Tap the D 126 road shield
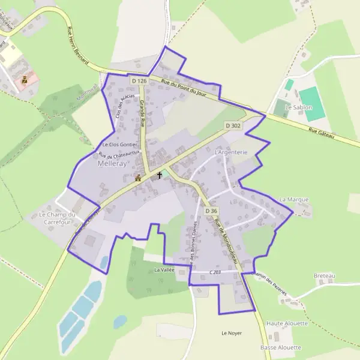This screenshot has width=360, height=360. point(139,80)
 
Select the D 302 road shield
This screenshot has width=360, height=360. point(233,125)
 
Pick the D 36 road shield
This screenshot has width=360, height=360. point(211,211)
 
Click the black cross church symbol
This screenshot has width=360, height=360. point(159,176)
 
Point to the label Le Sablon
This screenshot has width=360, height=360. point(298,107)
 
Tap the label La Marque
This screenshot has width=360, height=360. point(294,199)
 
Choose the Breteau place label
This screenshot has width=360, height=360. point(325,275)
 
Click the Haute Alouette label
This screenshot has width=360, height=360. point(287,323)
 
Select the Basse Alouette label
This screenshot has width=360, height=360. point(281,347)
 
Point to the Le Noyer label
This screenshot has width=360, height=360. point(231,333)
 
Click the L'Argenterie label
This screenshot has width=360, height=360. point(231,152)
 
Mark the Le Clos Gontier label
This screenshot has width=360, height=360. point(120,145)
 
